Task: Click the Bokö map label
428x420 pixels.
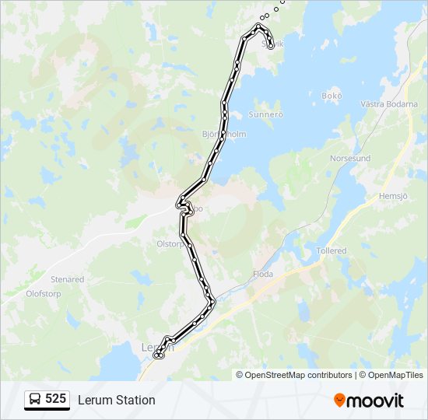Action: click(332, 96)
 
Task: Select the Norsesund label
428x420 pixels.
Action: click(350, 158)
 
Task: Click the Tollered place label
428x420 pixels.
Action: click(332, 251)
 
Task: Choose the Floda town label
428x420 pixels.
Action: click(263, 274)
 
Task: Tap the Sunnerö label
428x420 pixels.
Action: click(265, 114)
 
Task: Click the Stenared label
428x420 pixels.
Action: click(67, 279)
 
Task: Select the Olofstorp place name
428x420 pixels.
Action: click(44, 294)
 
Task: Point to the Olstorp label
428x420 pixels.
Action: click(170, 243)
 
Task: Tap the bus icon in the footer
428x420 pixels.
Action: click(35, 399)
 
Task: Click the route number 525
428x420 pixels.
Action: click(55, 399)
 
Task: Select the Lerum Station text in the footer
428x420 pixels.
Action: click(116, 400)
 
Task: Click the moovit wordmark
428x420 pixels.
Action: click(375, 401)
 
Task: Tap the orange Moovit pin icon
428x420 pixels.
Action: click(339, 400)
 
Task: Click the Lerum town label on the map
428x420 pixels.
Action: click(156, 347)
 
